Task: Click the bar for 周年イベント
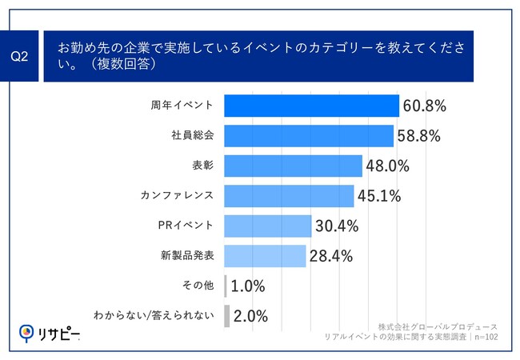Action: click(311, 106)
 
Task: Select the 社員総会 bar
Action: click(309, 135)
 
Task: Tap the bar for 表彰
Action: click(293, 166)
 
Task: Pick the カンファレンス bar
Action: click(289, 196)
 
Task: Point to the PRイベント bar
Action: click(267, 226)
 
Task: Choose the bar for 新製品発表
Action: click(265, 256)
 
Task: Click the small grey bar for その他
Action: click(226, 286)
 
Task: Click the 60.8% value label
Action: click(424, 106)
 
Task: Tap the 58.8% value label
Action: click(418, 135)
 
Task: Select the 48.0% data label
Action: click(387, 166)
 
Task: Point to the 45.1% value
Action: click(379, 196)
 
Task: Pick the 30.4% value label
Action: click(336, 226)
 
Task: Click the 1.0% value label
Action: click(248, 286)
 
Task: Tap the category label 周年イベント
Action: click(182, 106)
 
